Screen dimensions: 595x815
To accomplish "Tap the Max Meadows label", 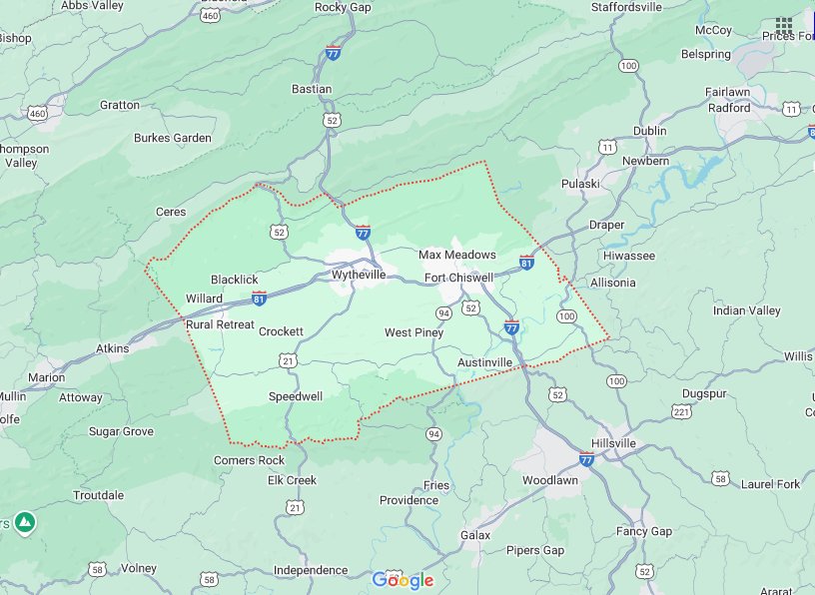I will coord(456,255).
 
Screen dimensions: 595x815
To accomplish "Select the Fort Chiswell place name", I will coord(458,278).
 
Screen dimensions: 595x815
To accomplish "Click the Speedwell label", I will coord(295,396).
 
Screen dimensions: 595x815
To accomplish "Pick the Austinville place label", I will coord(484,361).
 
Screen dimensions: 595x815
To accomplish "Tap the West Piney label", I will coord(413,332).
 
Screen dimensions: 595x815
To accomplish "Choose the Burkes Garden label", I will coord(173,138).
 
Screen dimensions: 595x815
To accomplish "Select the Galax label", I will coord(475,535).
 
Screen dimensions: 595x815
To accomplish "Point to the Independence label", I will coord(310,570).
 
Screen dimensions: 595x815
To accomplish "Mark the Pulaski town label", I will coord(579,184).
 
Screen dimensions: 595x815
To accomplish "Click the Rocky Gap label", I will coord(344,7).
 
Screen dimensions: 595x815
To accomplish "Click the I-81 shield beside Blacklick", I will coord(260,297).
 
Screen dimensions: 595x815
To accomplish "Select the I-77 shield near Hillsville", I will coord(586,459).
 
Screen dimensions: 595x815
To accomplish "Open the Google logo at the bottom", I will coord(403,580).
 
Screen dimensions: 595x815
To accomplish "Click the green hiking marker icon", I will coord(25,521).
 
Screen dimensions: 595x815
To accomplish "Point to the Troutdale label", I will coord(98,495).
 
